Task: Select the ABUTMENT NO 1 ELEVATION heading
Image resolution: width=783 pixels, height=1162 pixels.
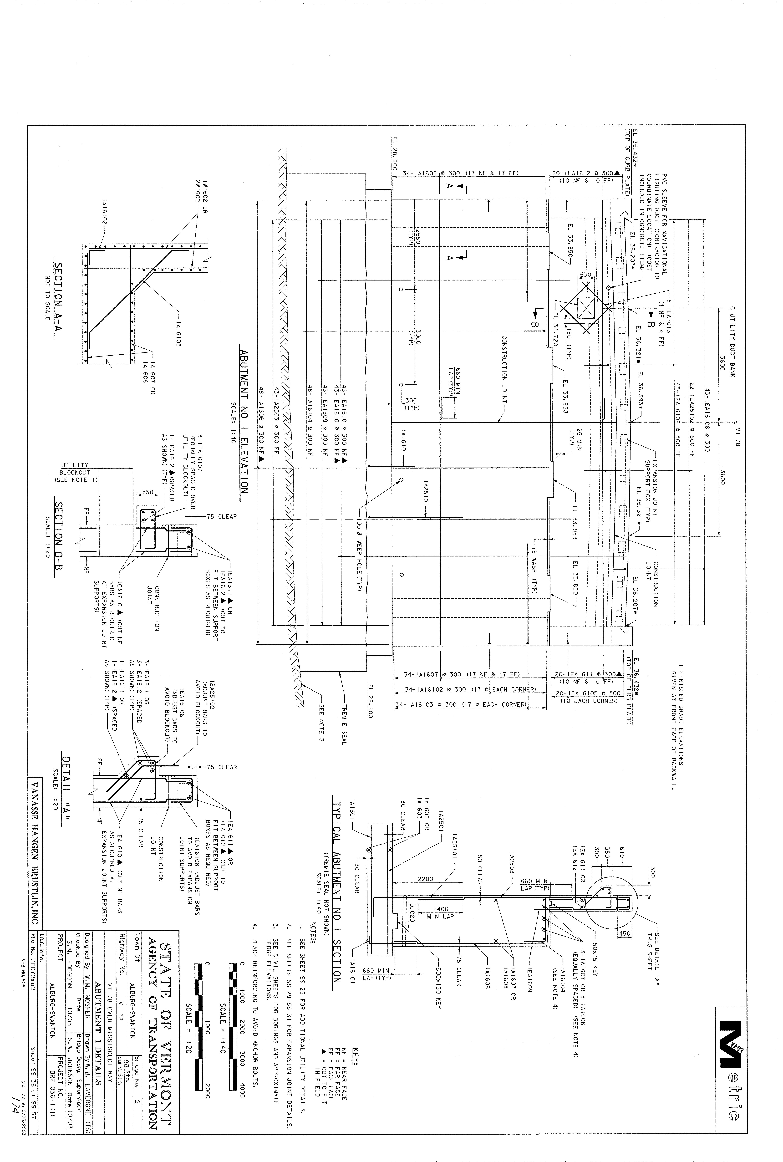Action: [244, 421]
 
